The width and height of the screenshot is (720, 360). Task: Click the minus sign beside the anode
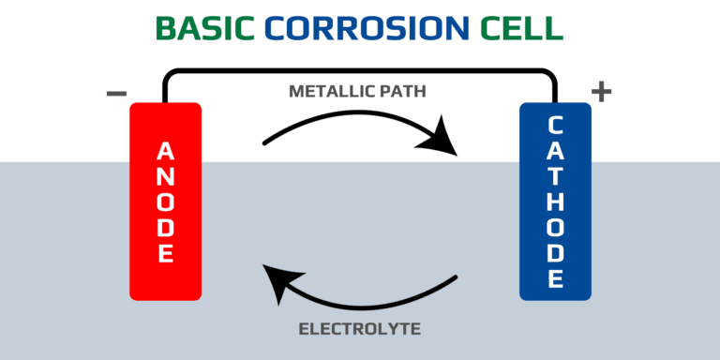point(116,93)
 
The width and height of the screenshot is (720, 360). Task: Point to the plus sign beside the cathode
point(601,92)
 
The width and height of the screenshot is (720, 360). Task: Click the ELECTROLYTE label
point(360,329)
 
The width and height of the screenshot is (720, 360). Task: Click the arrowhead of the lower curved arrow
point(278,278)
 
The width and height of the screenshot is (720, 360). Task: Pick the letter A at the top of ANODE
point(165,150)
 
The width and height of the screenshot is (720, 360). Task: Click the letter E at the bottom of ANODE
point(165,253)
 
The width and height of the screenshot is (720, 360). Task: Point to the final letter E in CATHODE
point(555,278)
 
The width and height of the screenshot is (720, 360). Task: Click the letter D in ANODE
point(165,228)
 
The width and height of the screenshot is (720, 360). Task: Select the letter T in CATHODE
point(555,175)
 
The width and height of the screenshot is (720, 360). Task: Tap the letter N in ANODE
point(165,176)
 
